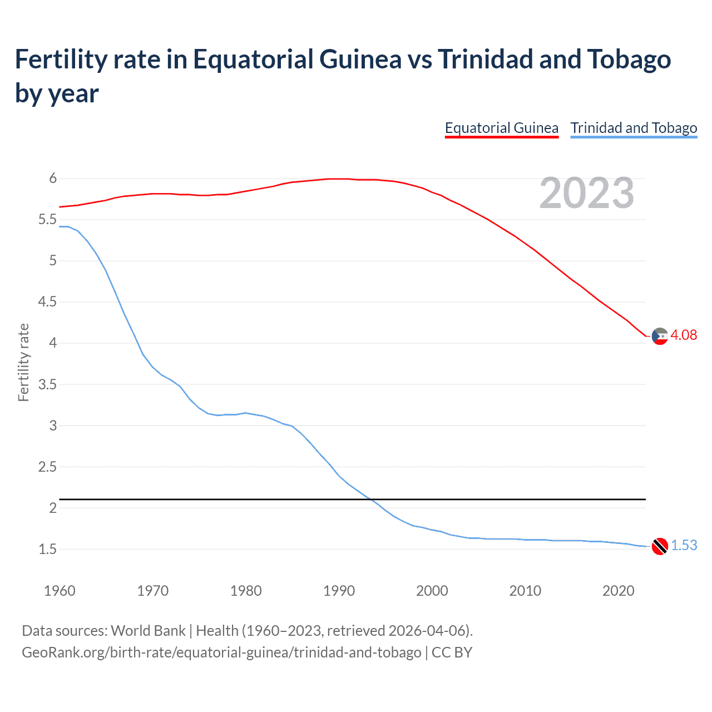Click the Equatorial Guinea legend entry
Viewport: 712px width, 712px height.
tap(501, 128)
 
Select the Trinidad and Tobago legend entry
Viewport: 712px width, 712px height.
tap(634, 128)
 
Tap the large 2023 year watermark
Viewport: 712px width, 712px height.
tap(587, 193)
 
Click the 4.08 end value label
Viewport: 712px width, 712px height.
tap(684, 335)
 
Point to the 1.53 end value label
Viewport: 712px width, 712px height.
tap(684, 545)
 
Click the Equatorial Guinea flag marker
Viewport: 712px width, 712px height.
tap(660, 336)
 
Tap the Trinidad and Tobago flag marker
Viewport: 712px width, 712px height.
tap(660, 546)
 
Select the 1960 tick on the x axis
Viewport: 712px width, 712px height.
tap(60, 591)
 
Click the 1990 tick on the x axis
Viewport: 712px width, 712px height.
tap(339, 591)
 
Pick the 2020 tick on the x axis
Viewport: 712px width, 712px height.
tap(618, 591)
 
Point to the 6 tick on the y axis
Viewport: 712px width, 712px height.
tap(53, 179)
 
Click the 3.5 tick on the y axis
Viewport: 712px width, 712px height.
tap(47, 384)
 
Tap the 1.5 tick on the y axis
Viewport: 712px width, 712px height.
tap(47, 549)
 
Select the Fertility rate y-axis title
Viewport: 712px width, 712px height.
tap(23, 362)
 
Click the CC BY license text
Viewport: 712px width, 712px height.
tap(452, 652)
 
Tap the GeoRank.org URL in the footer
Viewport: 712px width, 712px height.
tap(221, 652)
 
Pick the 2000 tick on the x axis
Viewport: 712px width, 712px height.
tap(432, 591)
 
